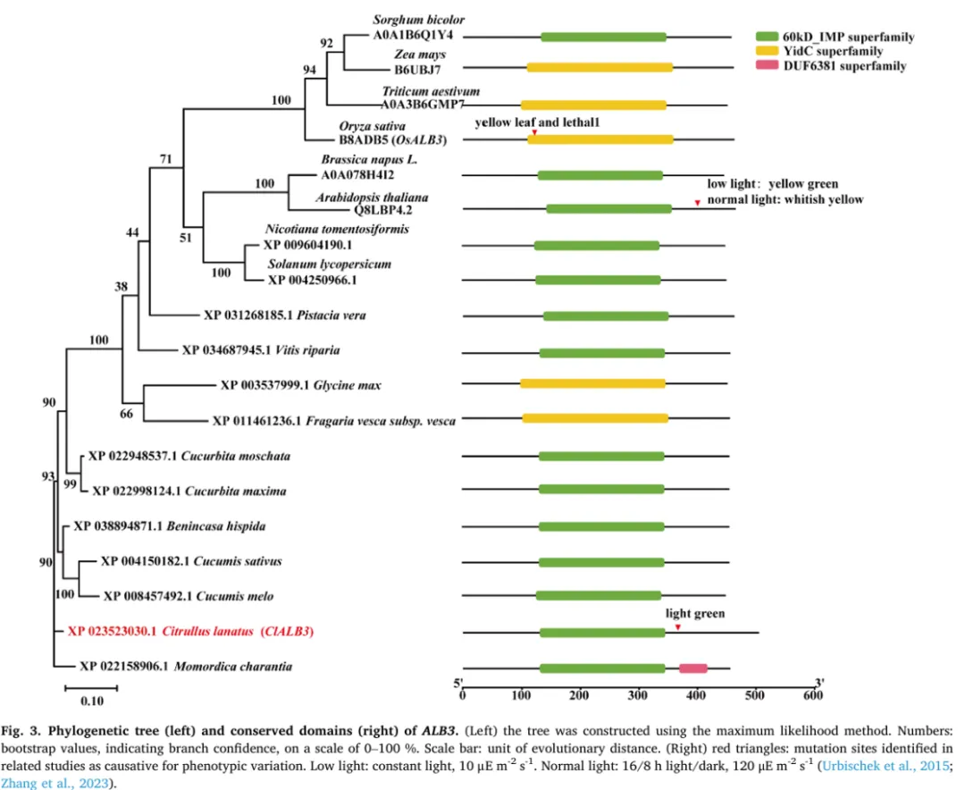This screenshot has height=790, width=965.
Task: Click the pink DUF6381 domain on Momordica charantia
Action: pos(692,668)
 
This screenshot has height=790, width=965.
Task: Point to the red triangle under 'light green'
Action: pos(678,627)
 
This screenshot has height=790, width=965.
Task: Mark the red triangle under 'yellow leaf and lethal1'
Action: pos(533,133)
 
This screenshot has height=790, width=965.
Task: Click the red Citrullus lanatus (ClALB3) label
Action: pos(192,632)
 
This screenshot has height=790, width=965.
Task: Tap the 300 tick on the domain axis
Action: pos(637,687)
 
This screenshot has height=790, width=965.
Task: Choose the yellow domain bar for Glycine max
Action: pos(592,384)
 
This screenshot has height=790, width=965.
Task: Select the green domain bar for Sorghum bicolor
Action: pos(603,37)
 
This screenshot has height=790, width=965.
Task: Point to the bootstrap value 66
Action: pos(127,413)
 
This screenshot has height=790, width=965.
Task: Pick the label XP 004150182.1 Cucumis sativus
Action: pos(191,561)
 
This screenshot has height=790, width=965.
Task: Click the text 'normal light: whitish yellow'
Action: pos(785,199)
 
